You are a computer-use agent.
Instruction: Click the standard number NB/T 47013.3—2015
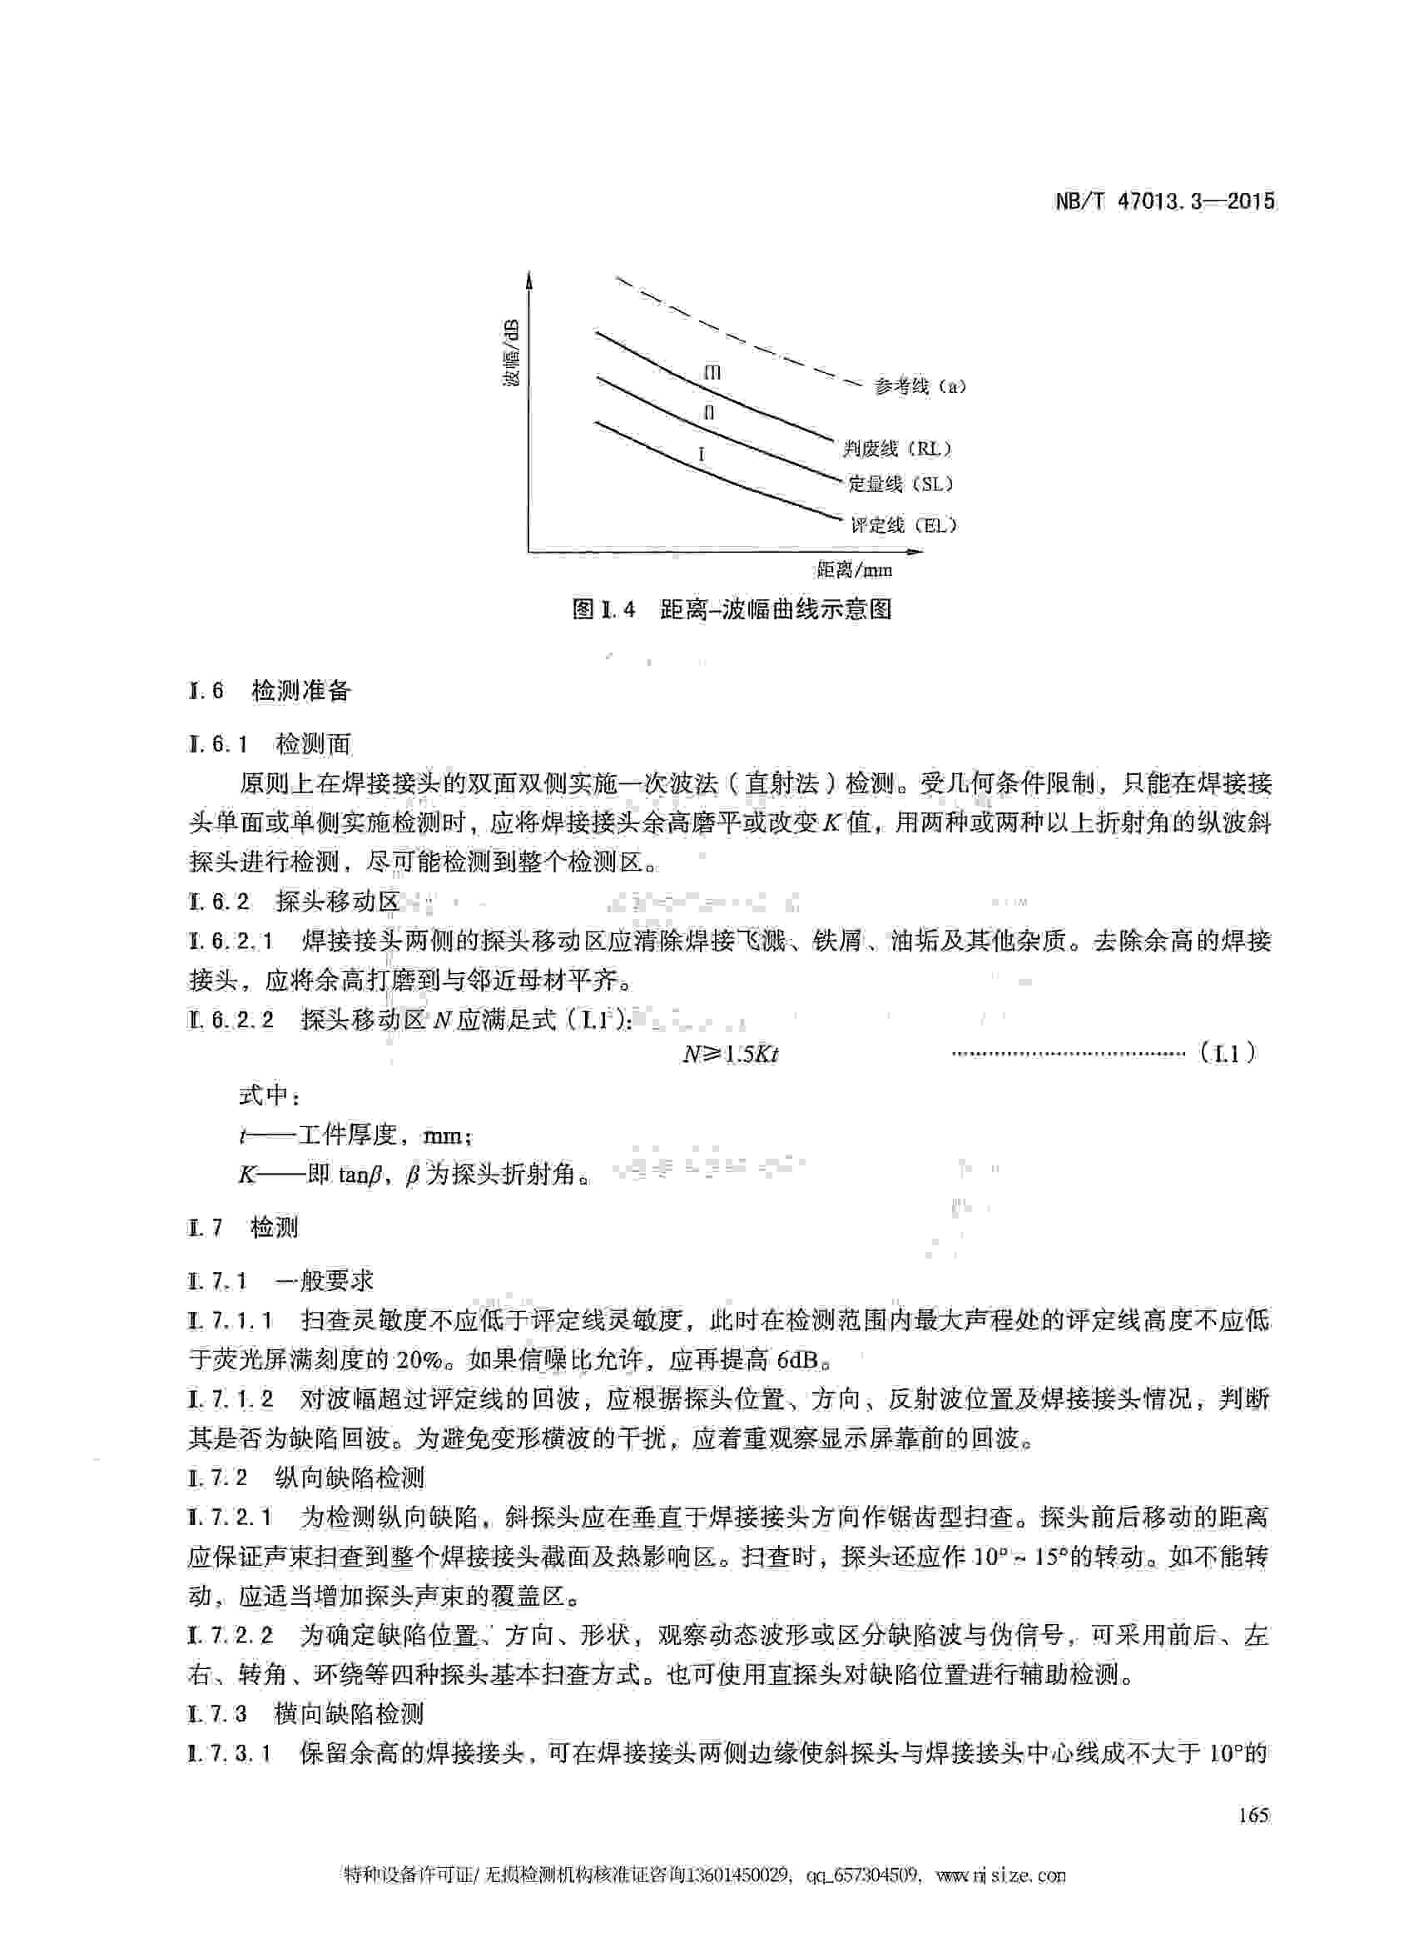click(1163, 201)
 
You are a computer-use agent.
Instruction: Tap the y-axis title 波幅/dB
click(512, 351)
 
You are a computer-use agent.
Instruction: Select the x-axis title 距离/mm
click(854, 569)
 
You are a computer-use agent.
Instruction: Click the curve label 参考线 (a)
click(919, 386)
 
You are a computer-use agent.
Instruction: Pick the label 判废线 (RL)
click(896, 448)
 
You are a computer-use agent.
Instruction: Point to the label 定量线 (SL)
click(900, 484)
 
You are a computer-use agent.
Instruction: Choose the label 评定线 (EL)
click(903, 524)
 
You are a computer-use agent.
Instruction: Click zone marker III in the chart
click(712, 373)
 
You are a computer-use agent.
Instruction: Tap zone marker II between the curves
click(709, 413)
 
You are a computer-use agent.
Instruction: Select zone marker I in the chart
click(702, 454)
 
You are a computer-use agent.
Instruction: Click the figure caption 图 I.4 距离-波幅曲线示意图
click(732, 609)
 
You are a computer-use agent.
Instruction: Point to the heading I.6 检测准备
click(270, 691)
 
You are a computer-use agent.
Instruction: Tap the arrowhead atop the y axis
click(528, 279)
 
